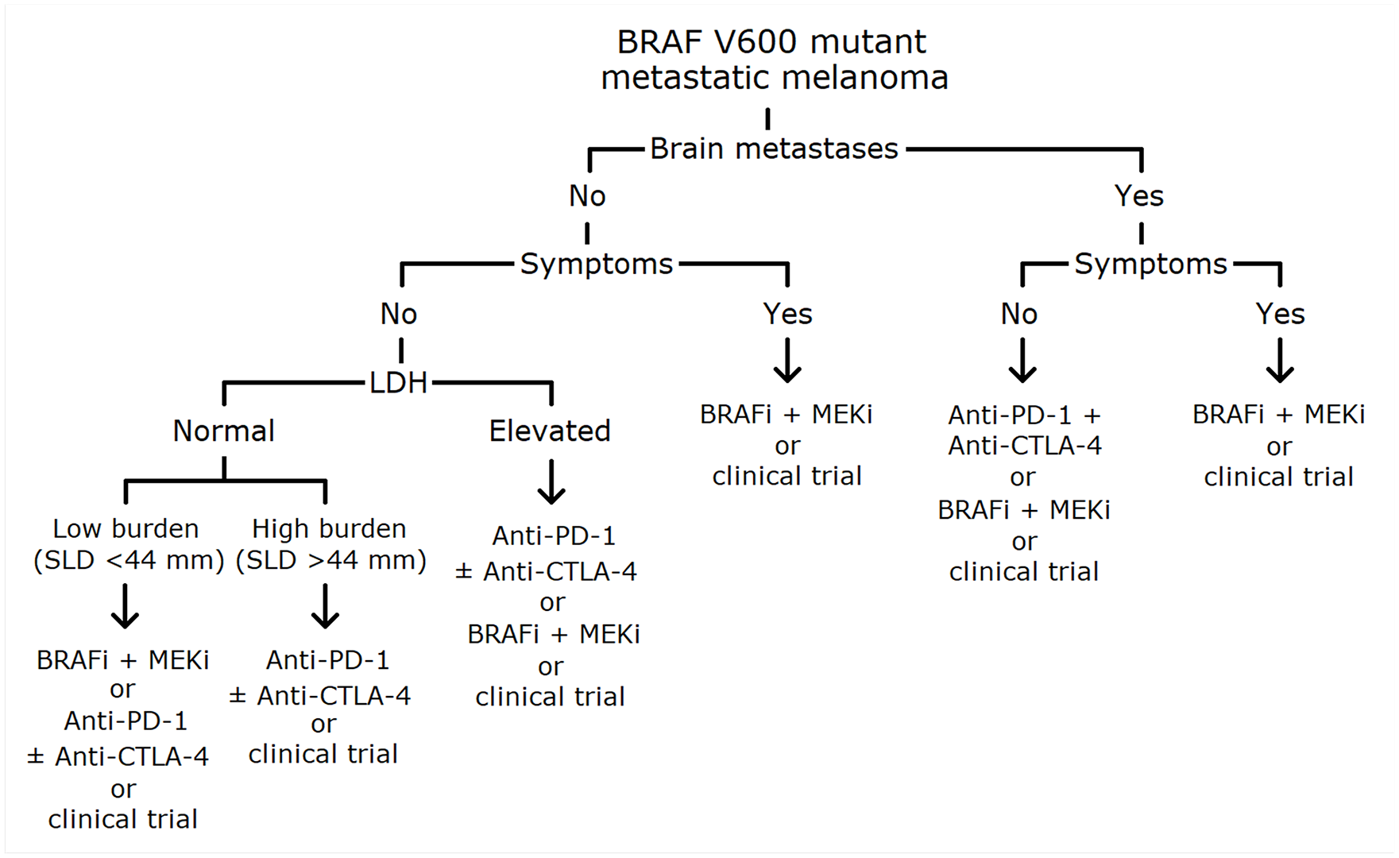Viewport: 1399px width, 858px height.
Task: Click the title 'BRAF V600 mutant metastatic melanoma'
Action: pyautogui.click(x=774, y=60)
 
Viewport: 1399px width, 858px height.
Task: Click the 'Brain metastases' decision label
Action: pyautogui.click(x=774, y=149)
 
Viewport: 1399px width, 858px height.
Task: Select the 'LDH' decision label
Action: pyautogui.click(x=398, y=383)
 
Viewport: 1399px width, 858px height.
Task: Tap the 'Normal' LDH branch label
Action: pyautogui.click(x=224, y=431)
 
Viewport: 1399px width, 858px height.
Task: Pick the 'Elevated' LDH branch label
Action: pyautogui.click(x=550, y=431)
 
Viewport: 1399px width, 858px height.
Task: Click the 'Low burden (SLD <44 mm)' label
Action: pyautogui.click(x=127, y=544)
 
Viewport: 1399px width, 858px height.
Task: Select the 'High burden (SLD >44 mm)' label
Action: pyautogui.click(x=330, y=544)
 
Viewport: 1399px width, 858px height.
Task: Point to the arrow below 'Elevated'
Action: pyautogui.click(x=551, y=481)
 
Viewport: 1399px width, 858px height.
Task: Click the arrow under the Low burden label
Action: pyautogui.click(x=125, y=606)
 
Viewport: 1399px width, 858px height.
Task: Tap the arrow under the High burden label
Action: pyautogui.click(x=325, y=606)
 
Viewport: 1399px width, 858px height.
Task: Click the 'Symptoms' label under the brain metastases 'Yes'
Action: pyautogui.click(x=1150, y=264)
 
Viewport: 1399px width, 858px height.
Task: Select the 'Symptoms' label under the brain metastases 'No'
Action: pyautogui.click(x=597, y=264)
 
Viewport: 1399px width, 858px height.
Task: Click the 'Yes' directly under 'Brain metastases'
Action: pyautogui.click(x=1139, y=195)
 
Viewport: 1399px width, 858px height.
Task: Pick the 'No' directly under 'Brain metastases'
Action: pyautogui.click(x=587, y=195)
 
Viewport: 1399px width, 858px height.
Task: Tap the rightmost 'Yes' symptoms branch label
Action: pyautogui.click(x=1280, y=314)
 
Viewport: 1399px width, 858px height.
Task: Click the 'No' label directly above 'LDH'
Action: pyautogui.click(x=399, y=314)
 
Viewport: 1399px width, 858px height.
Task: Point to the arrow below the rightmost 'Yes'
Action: pyautogui.click(x=1280, y=361)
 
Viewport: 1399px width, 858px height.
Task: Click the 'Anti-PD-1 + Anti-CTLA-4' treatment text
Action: pyautogui.click(x=1024, y=430)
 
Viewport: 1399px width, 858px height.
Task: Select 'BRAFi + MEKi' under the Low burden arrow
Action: pyautogui.click(x=123, y=659)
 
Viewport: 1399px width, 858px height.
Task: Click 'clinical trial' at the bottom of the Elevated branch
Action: pyautogui.click(x=550, y=697)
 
